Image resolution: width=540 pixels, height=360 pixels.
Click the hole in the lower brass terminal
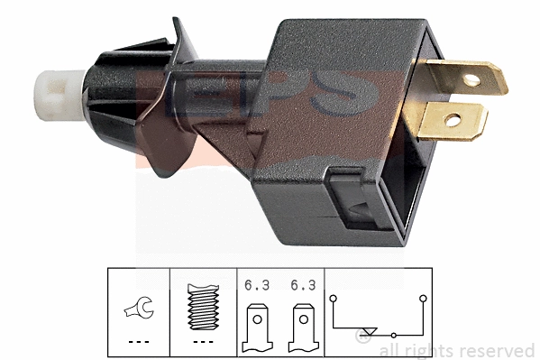coord(453,118)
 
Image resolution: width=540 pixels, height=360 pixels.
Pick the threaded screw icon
coord(204,306)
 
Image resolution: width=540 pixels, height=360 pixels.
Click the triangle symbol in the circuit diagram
coord(365,331)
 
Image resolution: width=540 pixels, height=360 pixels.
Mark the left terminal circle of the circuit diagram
coord(334,295)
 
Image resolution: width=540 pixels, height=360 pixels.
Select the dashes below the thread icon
coord(204,342)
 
